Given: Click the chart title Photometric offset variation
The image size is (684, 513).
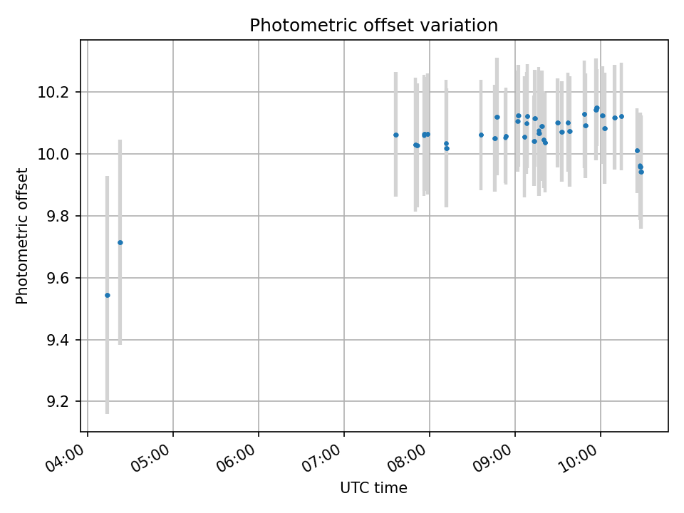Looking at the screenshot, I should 373,26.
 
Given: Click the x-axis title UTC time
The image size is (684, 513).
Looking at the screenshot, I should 373,488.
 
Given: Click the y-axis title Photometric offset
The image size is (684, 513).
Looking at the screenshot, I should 22,236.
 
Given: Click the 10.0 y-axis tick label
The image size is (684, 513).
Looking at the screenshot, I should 61,154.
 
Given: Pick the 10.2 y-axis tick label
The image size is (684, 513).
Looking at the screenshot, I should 61,93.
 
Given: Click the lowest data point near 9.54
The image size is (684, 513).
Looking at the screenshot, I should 108,295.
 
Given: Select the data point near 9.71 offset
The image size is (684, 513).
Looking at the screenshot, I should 120,242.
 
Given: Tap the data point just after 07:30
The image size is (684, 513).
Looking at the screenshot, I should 396,135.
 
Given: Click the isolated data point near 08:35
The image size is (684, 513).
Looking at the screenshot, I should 481,135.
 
